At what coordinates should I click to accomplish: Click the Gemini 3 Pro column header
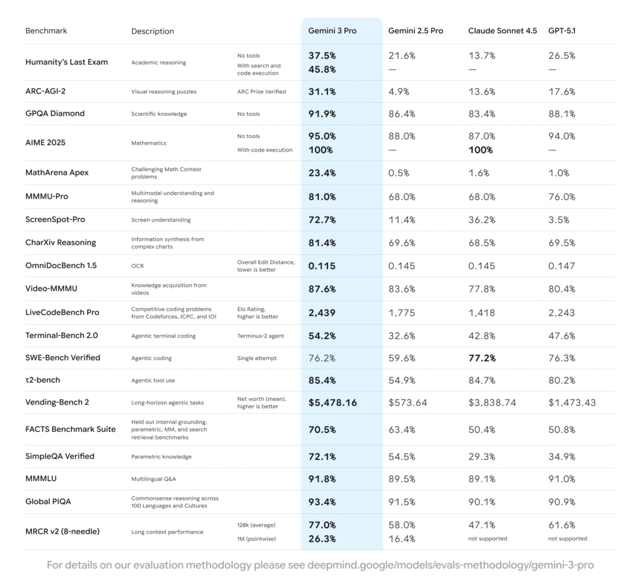pos(332,31)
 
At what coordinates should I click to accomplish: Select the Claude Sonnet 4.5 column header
pos(502,31)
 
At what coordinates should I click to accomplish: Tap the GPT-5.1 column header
pos(563,31)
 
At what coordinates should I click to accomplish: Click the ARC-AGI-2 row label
pos(46,91)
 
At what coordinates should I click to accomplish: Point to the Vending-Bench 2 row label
pos(57,402)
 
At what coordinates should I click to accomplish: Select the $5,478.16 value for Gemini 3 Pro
pos(332,403)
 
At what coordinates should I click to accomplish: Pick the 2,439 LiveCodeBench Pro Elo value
pos(322,312)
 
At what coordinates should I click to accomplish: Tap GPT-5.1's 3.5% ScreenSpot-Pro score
pos(558,220)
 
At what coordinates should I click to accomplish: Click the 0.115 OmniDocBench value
pos(322,265)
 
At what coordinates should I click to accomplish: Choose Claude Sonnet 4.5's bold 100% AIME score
pos(481,150)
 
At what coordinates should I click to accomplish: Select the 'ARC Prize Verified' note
pos(261,91)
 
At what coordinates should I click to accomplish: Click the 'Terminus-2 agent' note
pos(260,336)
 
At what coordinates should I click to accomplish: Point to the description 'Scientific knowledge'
pos(159,114)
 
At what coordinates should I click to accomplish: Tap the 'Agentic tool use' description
pos(154,380)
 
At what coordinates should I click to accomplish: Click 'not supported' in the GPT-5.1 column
pos(567,538)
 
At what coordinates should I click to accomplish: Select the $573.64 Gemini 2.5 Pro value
pos(408,403)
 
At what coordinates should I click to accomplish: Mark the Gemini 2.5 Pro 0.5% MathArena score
pos(399,173)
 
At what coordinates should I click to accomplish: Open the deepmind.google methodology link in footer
pos(450,565)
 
